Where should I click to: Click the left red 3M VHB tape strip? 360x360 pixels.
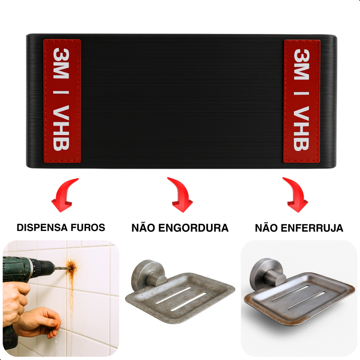[62, 101]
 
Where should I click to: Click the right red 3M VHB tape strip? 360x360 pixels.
[302, 101]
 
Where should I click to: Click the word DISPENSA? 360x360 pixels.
[42, 227]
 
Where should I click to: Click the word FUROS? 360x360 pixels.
[88, 227]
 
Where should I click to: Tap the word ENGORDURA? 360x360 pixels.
[193, 228]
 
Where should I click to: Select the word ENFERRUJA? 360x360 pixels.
[312, 228]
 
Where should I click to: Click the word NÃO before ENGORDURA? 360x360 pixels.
[143, 227]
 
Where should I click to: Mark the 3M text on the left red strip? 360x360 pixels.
[61, 63]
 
